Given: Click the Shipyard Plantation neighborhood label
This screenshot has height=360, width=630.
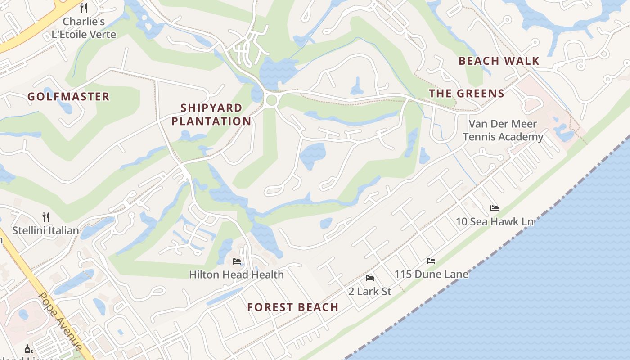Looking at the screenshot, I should [x=211, y=115].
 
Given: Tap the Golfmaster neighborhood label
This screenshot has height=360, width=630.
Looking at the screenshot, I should [x=68, y=97].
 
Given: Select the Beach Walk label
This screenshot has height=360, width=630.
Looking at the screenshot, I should [x=499, y=61].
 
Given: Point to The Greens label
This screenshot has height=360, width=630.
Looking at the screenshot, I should [x=466, y=94].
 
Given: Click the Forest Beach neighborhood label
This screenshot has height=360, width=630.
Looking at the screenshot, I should [x=292, y=307].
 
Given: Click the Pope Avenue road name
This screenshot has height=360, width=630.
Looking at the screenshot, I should [x=60, y=321].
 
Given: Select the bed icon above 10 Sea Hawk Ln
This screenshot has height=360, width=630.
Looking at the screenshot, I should [x=495, y=208].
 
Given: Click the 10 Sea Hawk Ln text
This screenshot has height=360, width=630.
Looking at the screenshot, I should [x=495, y=221].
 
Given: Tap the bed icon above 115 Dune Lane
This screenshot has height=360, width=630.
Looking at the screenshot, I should [x=431, y=261].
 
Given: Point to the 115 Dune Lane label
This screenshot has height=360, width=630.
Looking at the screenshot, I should [x=431, y=274].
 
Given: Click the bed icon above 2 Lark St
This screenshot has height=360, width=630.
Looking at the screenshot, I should [x=370, y=278].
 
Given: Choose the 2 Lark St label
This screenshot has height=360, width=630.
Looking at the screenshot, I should [x=370, y=291].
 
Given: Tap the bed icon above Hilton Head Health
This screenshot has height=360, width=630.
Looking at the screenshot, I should [x=236, y=261].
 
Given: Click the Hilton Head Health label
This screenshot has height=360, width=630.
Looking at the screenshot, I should [x=236, y=274].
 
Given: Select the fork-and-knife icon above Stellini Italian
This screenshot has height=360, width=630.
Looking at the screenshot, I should [x=45, y=217].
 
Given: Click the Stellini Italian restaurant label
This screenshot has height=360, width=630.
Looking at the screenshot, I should [x=45, y=231].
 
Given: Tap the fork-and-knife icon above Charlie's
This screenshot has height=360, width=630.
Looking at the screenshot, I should [x=84, y=8].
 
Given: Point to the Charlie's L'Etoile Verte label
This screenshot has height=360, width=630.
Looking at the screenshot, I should [x=84, y=28].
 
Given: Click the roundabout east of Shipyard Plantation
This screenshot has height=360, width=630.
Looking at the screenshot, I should [x=271, y=100].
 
